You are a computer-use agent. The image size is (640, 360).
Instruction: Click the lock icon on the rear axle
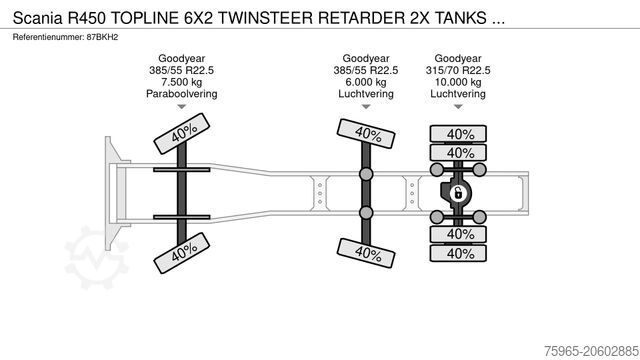pos(459,193)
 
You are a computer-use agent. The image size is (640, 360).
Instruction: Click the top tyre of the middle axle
pos(365,133)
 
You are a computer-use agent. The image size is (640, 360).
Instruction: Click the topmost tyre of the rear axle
pos(459,133)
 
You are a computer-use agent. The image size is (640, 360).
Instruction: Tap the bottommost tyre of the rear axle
pos(459,253)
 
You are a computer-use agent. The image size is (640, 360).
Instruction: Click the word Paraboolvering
pos(181,95)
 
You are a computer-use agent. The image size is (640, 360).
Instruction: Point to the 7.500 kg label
pos(181,83)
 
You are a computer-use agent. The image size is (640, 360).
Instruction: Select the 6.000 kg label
pos(366,83)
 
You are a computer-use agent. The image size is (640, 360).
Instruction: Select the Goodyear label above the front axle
pos(181,59)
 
